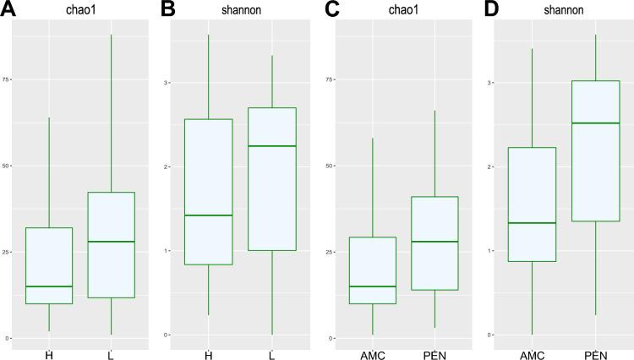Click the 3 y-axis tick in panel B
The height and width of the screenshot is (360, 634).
click(x=167, y=83)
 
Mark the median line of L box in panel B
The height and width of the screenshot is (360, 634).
click(x=272, y=146)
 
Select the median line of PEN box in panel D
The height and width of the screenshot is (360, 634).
click(x=596, y=123)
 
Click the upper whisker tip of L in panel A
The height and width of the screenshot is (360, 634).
click(x=112, y=35)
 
